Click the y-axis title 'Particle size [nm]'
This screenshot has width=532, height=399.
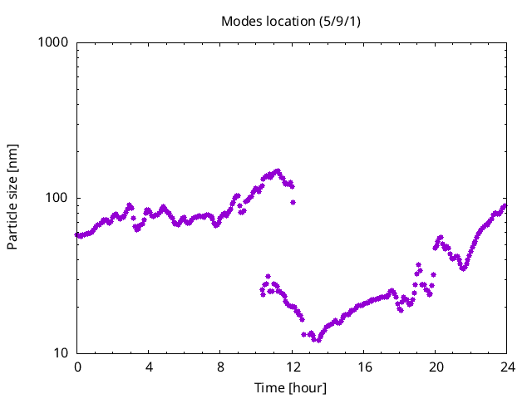click(12, 197)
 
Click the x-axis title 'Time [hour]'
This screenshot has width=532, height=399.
click(291, 387)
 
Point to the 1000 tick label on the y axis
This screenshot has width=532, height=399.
click(52, 42)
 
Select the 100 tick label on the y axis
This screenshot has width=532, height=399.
click(57, 198)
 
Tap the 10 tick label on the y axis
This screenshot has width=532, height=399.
click(60, 353)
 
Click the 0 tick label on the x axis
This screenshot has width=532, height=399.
click(77, 367)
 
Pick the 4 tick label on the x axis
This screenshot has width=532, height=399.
click(149, 367)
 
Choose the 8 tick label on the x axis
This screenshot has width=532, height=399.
click(221, 367)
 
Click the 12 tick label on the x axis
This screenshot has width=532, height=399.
click(293, 367)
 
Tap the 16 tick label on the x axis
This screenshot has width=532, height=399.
click(364, 367)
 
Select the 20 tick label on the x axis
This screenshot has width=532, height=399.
click(436, 367)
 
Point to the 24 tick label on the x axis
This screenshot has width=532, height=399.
click(507, 367)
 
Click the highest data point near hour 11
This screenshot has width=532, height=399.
click(277, 171)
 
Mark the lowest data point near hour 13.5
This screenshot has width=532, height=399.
click(318, 339)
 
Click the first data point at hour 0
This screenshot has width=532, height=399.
click(77, 234)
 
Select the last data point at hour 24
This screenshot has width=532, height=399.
click(505, 206)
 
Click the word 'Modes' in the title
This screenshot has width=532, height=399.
click(239, 21)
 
